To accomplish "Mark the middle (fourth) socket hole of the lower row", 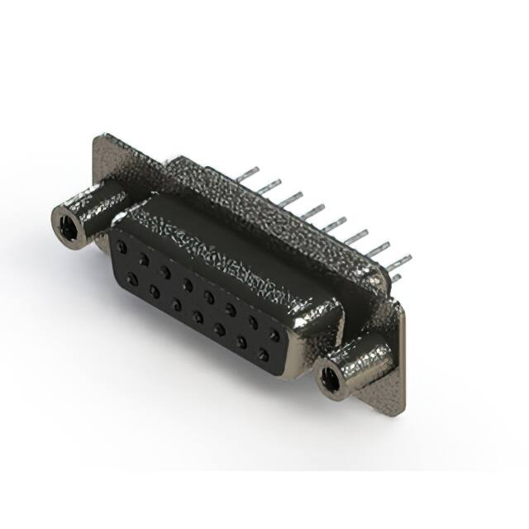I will pos(198,317).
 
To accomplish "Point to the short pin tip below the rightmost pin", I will pos(398,279).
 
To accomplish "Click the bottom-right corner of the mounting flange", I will pos(402,411).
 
